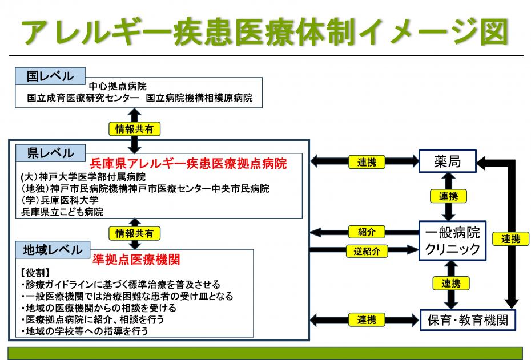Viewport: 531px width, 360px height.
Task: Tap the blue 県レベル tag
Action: pyautogui.click(x=50, y=153)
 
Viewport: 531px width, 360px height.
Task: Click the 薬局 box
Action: pyautogui.click(x=447, y=163)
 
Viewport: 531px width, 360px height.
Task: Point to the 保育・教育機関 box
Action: pyautogui.click(x=468, y=319)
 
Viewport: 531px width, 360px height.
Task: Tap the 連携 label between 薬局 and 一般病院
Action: pyautogui.click(x=448, y=196)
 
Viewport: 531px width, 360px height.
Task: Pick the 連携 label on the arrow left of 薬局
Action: pyautogui.click(x=367, y=162)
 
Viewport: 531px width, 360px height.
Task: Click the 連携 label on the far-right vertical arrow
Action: pyautogui.click(x=510, y=239)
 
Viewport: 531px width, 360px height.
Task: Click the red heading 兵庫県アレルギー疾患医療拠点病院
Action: pyautogui.click(x=188, y=163)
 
